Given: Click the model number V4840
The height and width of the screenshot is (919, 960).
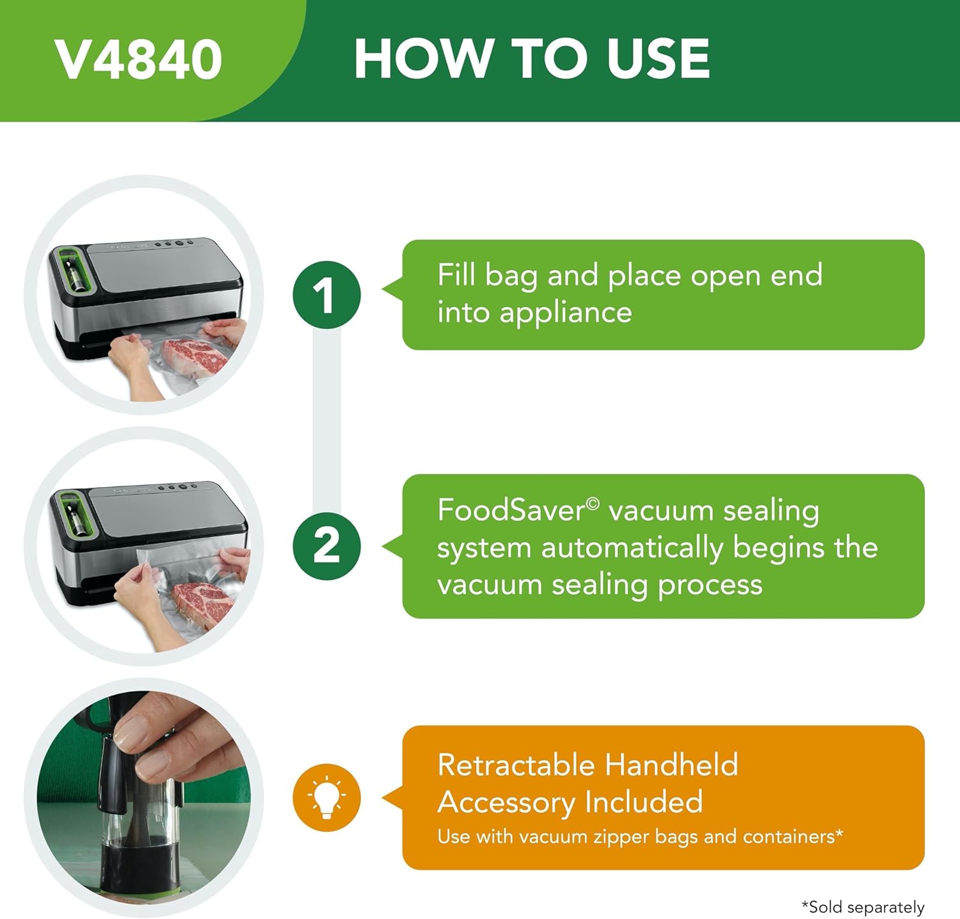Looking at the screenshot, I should [138, 60].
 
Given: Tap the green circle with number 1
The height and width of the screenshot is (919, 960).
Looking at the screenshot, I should [326, 295].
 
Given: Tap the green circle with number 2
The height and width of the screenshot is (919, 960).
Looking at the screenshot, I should [326, 547].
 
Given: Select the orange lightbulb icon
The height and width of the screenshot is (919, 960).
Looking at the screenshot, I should [326, 797].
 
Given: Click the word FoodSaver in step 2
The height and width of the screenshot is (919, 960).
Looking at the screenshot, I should [511, 511].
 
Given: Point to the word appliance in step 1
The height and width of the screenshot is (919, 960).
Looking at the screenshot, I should [566, 313].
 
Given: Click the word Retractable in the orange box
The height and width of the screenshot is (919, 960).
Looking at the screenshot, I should [515, 765].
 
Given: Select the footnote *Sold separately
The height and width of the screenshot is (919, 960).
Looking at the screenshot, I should [863, 907].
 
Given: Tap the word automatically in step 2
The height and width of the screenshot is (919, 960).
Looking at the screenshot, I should [632, 548].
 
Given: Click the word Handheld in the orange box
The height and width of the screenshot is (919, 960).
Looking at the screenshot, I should [671, 765].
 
